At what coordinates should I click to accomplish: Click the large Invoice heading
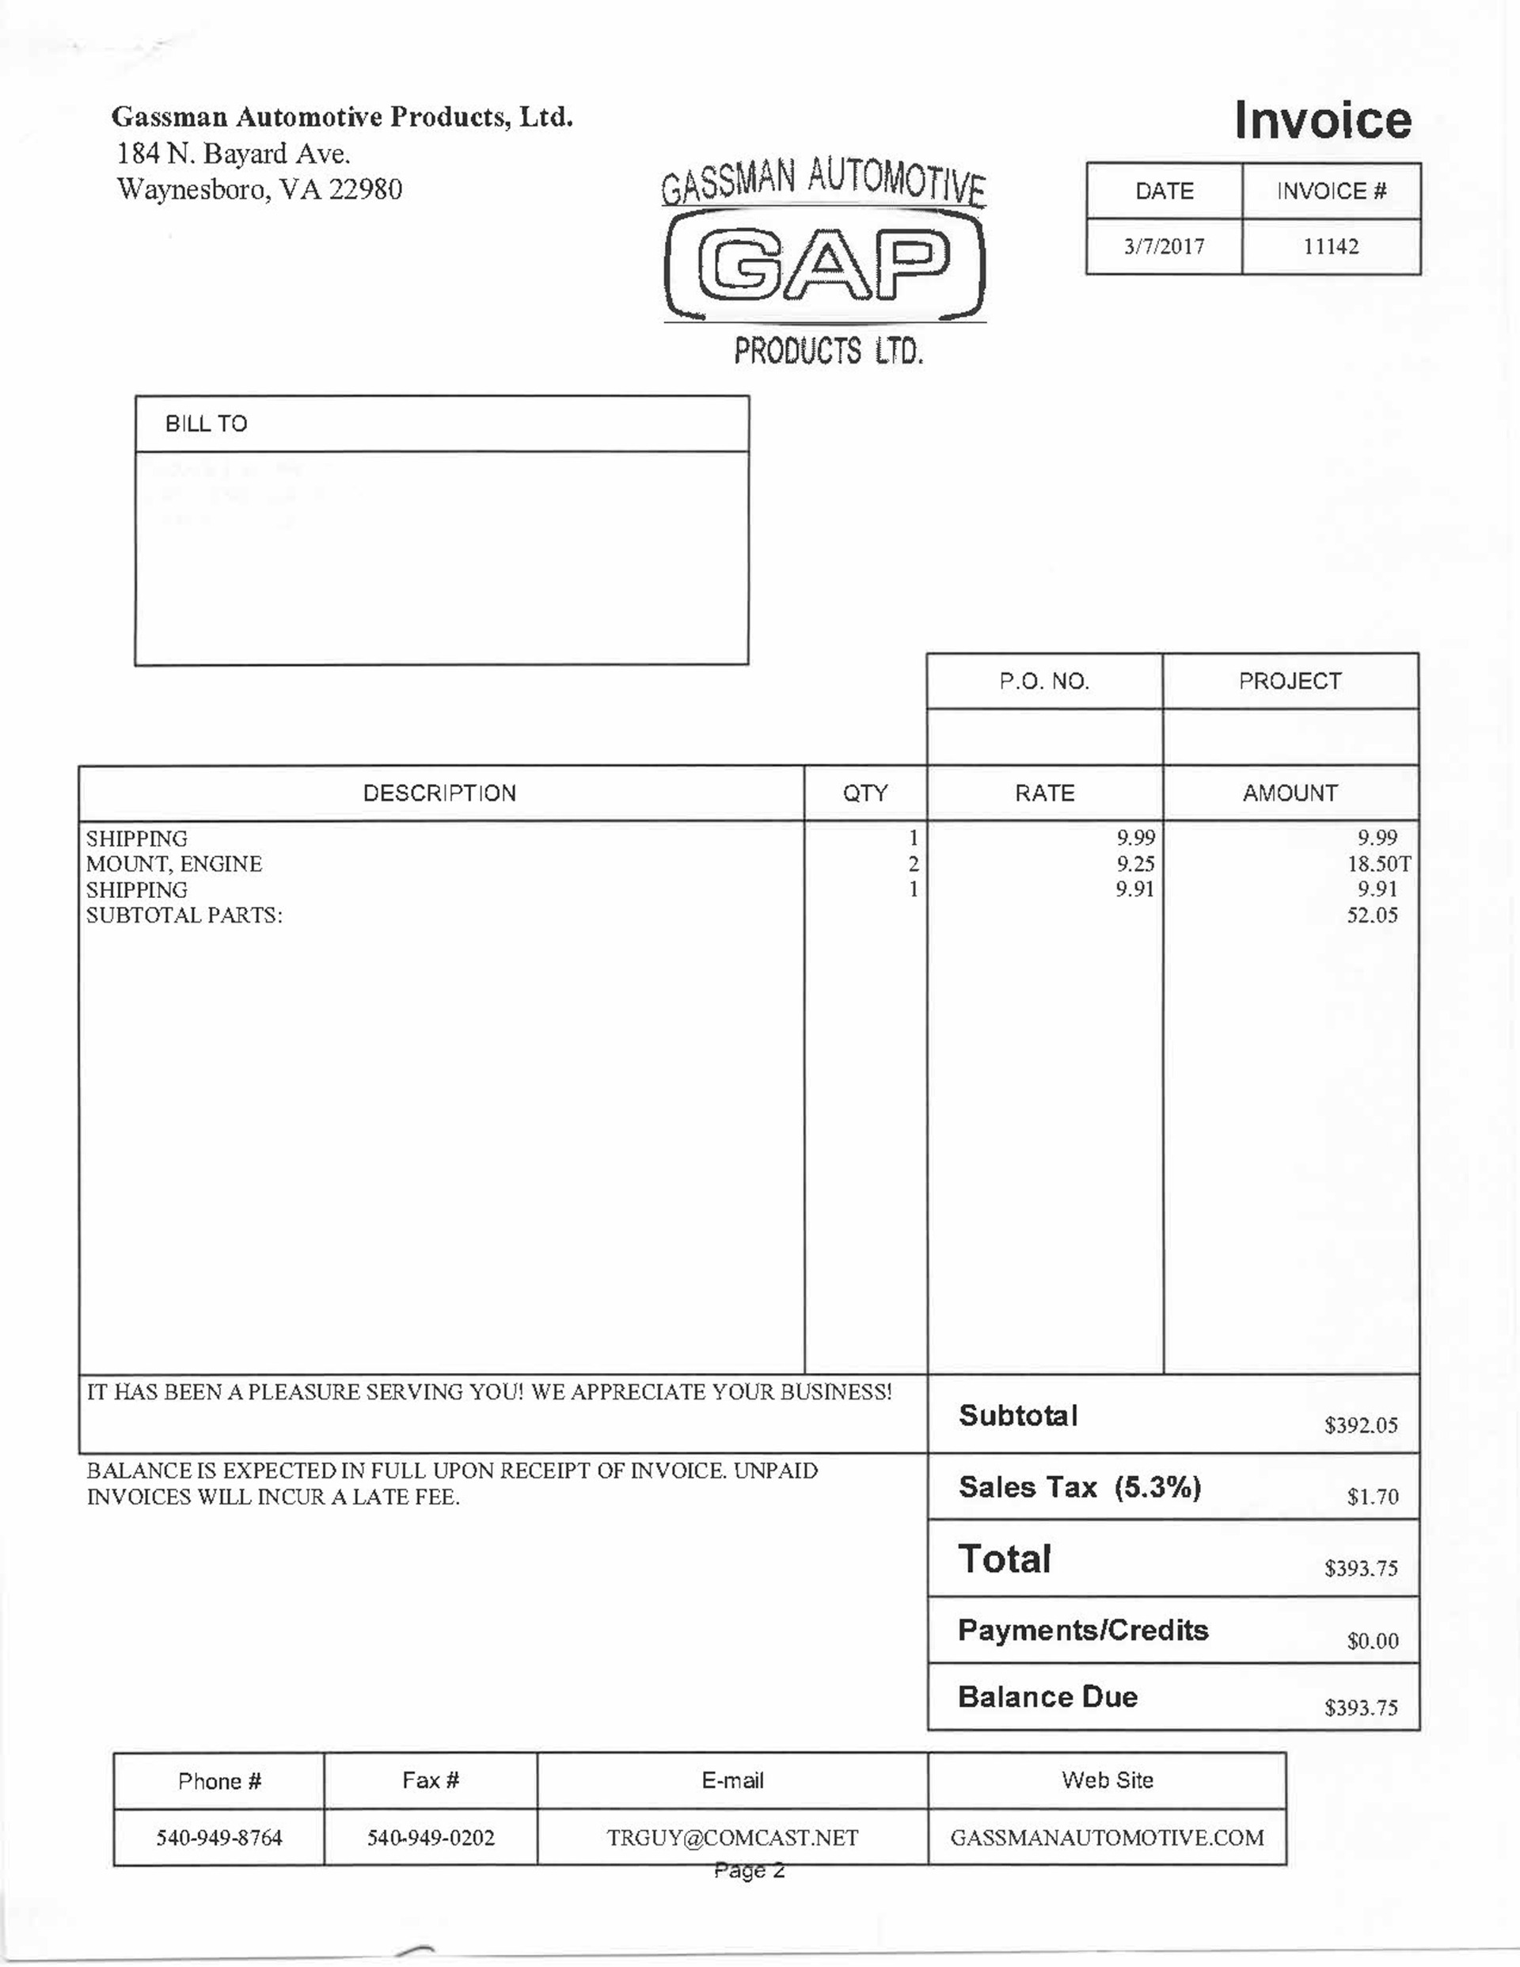pos(1322,120)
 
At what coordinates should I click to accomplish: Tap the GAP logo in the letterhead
pos(824,264)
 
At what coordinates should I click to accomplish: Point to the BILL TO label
pos(206,424)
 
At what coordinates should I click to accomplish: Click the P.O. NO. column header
pos(1043,682)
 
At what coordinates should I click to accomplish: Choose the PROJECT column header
pos(1290,682)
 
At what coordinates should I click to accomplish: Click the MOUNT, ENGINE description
pos(174,865)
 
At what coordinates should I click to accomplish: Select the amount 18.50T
pos(1377,865)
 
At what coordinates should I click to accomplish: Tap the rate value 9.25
pos(1134,865)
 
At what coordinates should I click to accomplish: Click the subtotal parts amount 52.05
pos(1371,916)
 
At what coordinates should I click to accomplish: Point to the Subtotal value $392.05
pos(1361,1425)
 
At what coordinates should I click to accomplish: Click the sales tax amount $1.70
pos(1372,1497)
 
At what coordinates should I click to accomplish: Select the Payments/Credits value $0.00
pos(1372,1641)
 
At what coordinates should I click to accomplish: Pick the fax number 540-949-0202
pos(431,1838)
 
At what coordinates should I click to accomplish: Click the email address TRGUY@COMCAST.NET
pos(732,1838)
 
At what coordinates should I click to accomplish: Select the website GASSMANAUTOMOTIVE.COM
pos(1107,1838)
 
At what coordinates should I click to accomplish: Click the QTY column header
pos(864,793)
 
